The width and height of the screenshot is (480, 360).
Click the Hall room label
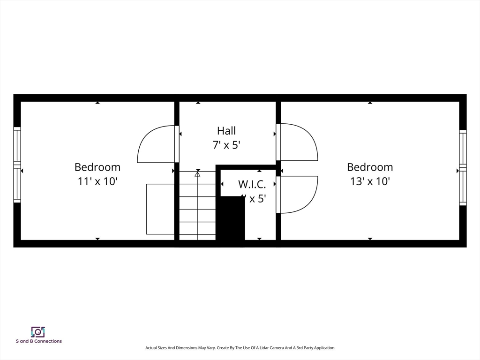[x=226, y=131]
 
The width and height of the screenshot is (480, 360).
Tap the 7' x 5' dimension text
[x=226, y=145]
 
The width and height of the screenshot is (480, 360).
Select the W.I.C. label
[x=252, y=184]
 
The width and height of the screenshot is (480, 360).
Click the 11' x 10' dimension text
[x=97, y=181]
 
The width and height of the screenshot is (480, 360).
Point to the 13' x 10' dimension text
[x=370, y=181]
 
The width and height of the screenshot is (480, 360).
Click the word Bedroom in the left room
[x=97, y=167]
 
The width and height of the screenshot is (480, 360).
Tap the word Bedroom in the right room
[x=370, y=167]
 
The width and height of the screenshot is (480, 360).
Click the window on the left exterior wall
[x=17, y=165]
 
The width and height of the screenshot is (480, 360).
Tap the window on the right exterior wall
[x=463, y=167]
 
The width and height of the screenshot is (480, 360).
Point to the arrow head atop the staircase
[x=197, y=174]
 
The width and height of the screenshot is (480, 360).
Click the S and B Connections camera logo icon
[x=38, y=332]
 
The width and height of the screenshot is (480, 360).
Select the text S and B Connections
[x=38, y=341]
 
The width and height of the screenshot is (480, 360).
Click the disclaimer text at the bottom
[x=240, y=348]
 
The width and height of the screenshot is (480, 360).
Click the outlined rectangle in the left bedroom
[x=160, y=209]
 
